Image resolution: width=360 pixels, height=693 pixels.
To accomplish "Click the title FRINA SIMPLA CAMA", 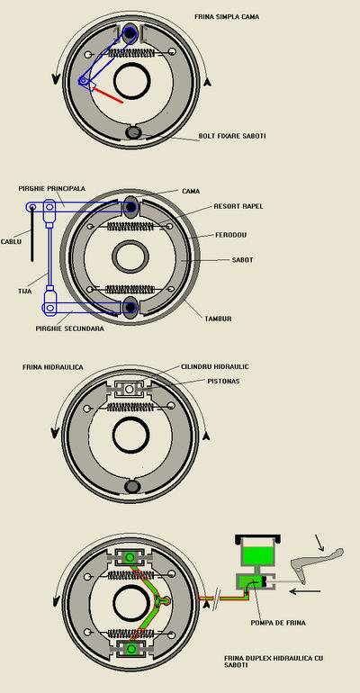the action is click(227, 17).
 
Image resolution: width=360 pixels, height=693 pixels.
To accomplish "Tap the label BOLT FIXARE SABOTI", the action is click(232, 136).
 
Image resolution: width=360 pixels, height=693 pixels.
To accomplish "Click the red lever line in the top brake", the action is click(107, 95).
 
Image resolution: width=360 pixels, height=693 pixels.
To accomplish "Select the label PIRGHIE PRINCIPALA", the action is click(52, 189).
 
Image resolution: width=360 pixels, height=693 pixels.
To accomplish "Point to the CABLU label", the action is click(11, 242).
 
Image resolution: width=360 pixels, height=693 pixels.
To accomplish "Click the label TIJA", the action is click(25, 292).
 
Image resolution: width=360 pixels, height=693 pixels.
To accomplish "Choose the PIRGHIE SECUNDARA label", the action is click(70, 328).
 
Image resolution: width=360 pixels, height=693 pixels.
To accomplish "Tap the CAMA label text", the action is click(191, 192).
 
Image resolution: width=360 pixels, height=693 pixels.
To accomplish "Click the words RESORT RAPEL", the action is click(238, 206).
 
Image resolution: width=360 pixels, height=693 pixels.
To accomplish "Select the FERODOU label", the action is click(230, 235).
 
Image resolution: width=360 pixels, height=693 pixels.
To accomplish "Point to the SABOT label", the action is click(242, 260).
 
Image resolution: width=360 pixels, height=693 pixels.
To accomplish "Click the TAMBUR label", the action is click(218, 319).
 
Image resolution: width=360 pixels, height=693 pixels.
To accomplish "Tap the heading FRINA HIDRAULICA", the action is click(52, 367).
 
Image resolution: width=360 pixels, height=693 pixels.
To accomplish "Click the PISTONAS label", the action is click(223, 381).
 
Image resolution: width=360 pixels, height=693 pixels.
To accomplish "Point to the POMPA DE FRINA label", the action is click(278, 623).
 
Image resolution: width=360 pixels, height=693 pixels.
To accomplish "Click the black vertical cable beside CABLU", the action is click(32, 234).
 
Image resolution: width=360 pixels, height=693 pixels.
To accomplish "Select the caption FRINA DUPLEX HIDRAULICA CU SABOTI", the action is click(274, 661).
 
